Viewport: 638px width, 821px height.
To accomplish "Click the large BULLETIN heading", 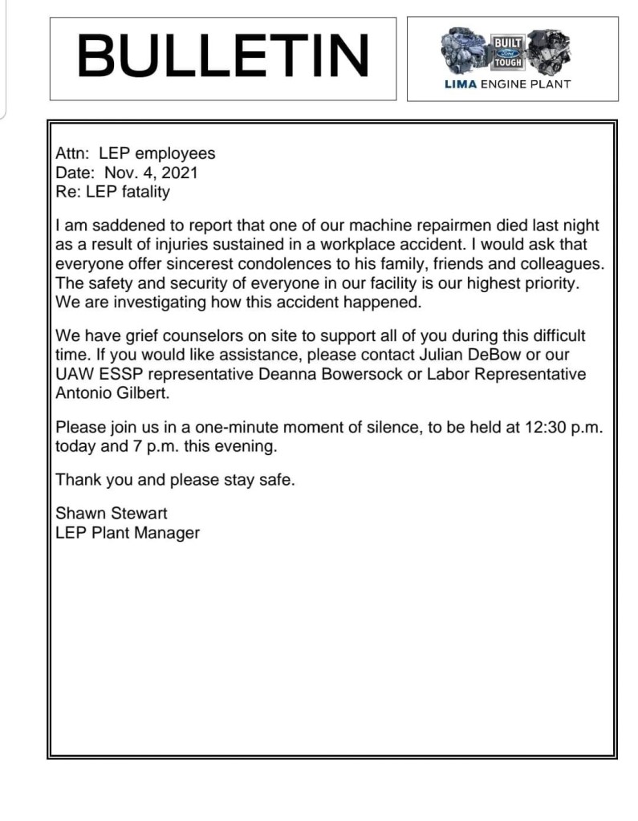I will click(x=223, y=57).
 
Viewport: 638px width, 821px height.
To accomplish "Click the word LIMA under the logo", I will click(x=461, y=84).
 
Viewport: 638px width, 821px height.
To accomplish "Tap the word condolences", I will click(x=298, y=264).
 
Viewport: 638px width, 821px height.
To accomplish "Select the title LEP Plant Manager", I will click(x=128, y=533).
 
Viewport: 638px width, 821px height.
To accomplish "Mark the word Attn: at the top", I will click(x=72, y=153).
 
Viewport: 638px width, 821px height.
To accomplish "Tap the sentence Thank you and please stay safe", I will click(x=175, y=481).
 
